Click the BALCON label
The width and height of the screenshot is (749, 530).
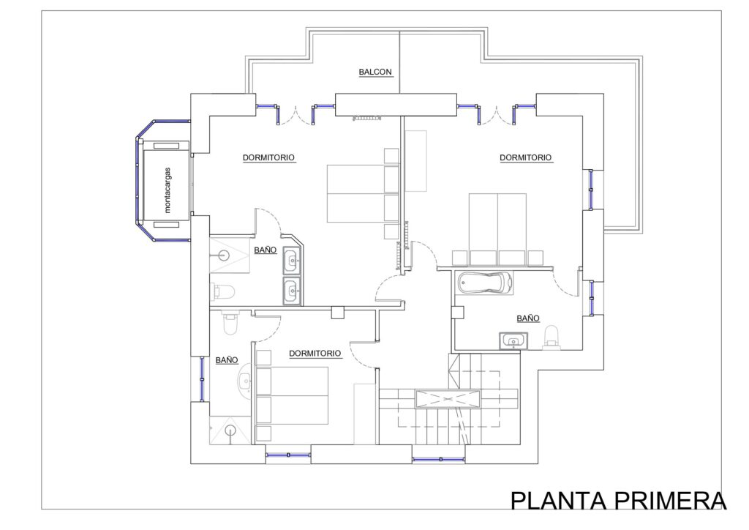(x=375, y=72)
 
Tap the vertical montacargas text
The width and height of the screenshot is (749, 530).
(x=168, y=190)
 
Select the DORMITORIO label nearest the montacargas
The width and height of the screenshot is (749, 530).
(x=268, y=157)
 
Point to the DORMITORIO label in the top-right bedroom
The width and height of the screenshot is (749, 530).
(x=525, y=157)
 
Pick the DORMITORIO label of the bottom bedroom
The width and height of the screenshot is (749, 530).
(x=315, y=353)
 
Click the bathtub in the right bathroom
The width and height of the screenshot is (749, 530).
(x=485, y=283)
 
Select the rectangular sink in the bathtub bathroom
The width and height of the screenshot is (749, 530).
(x=513, y=340)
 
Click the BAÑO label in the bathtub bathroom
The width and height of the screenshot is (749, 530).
(x=528, y=318)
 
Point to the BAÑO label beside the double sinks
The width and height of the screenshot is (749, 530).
(x=265, y=250)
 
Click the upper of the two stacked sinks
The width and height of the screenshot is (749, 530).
(x=291, y=261)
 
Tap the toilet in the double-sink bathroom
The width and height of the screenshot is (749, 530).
(x=222, y=291)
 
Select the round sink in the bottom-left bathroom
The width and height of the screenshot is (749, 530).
(x=244, y=381)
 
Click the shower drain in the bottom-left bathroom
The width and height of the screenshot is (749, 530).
(x=230, y=430)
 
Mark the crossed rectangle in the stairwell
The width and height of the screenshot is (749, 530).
(x=447, y=398)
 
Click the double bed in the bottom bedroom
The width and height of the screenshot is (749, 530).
(x=293, y=396)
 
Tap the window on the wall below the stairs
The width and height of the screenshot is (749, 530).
(x=439, y=459)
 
